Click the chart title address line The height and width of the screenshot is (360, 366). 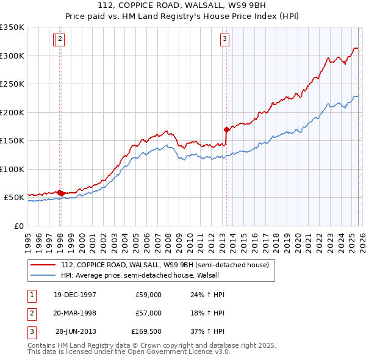(x=182, y=5)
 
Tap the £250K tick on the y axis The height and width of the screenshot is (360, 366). (x=12, y=84)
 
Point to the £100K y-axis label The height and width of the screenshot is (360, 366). (x=12, y=169)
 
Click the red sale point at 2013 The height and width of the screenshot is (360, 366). (x=226, y=129)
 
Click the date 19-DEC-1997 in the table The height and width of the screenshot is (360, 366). (x=75, y=295)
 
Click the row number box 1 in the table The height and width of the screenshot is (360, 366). (x=31, y=295)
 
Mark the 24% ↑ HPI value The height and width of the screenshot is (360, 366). (x=207, y=295)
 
